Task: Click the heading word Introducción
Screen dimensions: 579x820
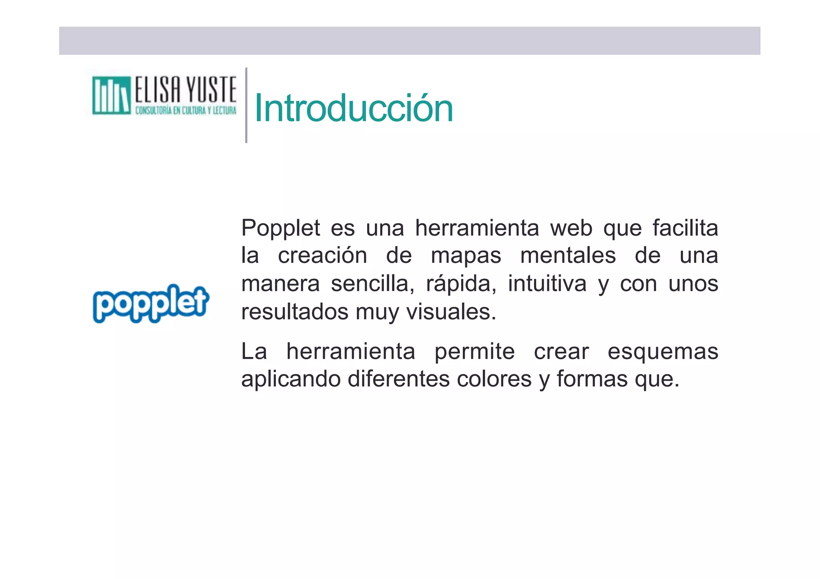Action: pos(354,108)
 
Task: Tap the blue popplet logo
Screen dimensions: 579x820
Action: pos(151,303)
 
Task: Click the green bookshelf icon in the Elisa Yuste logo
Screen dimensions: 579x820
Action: pos(111,96)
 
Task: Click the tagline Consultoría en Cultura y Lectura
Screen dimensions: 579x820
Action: pos(186,110)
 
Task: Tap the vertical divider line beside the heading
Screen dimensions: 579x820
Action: pos(246,105)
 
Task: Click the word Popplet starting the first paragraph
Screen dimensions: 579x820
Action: pos(280,228)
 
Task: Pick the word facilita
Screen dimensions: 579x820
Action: pos(685,228)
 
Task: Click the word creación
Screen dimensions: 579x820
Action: pos(322,256)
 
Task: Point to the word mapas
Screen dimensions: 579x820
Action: pos(466,256)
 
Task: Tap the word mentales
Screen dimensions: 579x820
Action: pos(568,256)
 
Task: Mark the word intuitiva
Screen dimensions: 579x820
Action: pos(547,284)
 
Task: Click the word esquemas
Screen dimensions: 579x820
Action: pos(663,352)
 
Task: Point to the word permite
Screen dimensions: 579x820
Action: pos(474,352)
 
